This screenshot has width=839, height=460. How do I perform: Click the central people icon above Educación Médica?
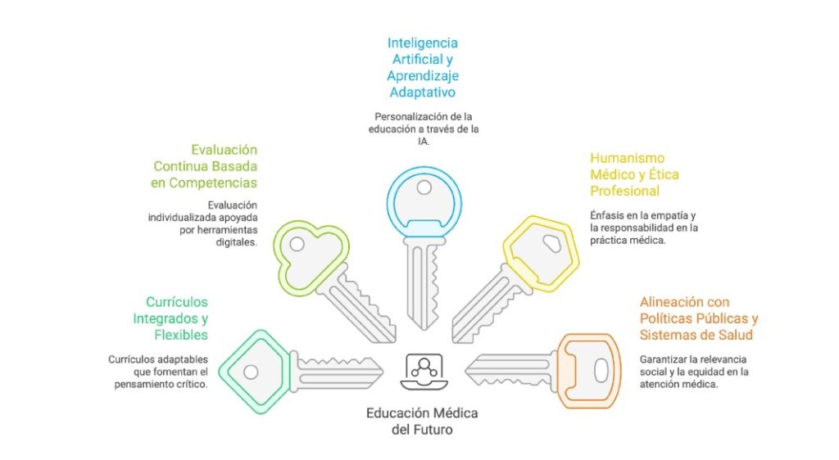(x=423, y=371)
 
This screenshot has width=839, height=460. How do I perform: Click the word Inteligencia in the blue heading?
(x=423, y=43)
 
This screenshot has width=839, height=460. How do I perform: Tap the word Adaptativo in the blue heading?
(x=423, y=92)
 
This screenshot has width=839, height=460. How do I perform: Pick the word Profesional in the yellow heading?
(x=624, y=191)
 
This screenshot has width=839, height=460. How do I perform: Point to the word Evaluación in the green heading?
(x=224, y=150)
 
